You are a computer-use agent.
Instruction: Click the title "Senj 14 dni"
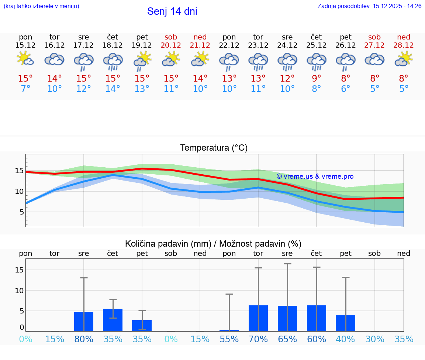pyautogui.click(x=172, y=11)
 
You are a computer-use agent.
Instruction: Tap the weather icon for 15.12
pyautogui.click(x=25, y=59)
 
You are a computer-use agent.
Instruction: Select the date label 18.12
pyautogui.click(x=113, y=45)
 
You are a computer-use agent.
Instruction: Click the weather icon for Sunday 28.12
pyautogui.click(x=404, y=59)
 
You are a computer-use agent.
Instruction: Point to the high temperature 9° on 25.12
pyautogui.click(x=316, y=79)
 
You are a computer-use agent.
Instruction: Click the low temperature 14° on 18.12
pyautogui.click(x=113, y=89)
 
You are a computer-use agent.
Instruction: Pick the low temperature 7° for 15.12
pyautogui.click(x=25, y=89)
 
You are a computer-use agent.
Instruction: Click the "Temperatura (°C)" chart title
pyautogui.click(x=214, y=148)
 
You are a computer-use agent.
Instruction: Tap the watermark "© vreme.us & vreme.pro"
pyautogui.click(x=315, y=176)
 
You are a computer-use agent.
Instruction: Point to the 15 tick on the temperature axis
pyautogui.click(x=19, y=171)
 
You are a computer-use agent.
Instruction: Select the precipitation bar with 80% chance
pyautogui.click(x=84, y=322)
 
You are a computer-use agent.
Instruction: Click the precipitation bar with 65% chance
pyautogui.click(x=287, y=318)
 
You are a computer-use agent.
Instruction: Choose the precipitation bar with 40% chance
pyautogui.click(x=345, y=323)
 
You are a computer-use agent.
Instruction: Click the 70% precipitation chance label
pyautogui.click(x=258, y=339)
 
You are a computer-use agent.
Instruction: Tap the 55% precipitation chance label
pyautogui.click(x=229, y=339)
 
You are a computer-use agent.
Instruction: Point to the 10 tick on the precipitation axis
pyautogui.click(x=19, y=291)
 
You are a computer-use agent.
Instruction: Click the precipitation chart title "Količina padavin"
pyautogui.click(x=213, y=244)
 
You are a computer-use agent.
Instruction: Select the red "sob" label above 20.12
pyautogui.click(x=171, y=37)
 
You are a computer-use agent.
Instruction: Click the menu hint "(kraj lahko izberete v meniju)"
pyautogui.click(x=41, y=6)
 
